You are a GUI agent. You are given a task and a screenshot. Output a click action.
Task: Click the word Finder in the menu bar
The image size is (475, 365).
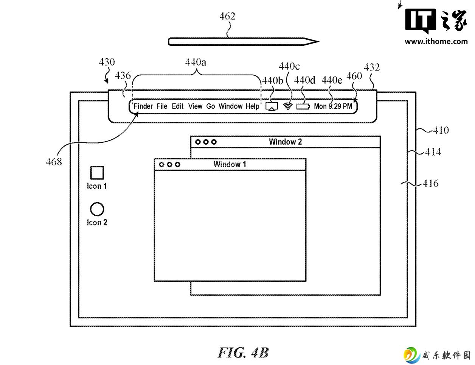point(143,106)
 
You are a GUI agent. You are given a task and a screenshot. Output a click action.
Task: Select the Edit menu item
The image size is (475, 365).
point(177,106)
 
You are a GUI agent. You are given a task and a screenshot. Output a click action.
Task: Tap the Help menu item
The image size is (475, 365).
point(253,106)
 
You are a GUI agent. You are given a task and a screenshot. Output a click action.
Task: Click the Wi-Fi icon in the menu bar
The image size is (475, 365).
point(288,106)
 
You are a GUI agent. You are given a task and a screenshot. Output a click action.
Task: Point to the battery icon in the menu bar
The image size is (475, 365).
point(303,106)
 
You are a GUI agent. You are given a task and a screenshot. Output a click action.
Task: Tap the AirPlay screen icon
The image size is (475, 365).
point(272,106)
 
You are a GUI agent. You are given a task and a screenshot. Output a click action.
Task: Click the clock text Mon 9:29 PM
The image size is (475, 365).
point(333,106)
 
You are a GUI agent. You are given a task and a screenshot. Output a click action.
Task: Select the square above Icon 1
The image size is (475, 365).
point(97,173)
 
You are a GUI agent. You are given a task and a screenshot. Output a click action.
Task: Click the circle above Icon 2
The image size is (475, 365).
point(97,209)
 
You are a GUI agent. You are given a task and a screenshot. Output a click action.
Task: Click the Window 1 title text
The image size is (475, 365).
point(230,164)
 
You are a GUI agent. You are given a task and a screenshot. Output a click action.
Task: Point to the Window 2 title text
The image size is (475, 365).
point(285,142)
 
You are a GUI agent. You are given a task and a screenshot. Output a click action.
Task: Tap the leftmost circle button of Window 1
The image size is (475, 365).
point(161,165)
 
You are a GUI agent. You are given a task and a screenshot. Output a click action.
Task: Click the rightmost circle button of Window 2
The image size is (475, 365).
point(214,142)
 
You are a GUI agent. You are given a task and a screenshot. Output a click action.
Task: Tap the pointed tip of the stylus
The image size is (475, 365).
point(319,41)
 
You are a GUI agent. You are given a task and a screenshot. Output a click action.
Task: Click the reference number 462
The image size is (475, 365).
point(227,16)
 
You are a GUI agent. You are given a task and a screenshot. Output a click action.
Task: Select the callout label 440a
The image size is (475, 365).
point(196,62)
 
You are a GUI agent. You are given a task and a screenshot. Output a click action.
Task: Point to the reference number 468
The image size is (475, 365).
point(54,162)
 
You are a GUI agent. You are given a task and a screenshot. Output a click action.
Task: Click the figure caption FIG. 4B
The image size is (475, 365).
point(243,353)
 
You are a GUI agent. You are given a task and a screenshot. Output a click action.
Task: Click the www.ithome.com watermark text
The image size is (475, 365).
point(436,41)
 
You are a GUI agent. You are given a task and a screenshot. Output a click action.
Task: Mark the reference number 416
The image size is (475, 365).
point(430,183)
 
